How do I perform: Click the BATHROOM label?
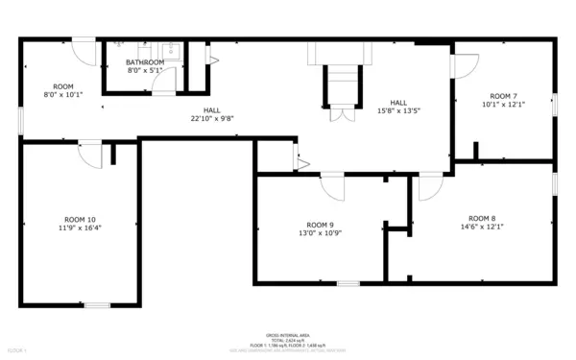145,62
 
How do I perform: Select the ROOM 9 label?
319,225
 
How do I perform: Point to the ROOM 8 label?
482,218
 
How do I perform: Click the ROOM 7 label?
503,96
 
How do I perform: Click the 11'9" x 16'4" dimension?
80,228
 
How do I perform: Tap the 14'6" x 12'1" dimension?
482,227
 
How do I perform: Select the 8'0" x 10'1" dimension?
63,95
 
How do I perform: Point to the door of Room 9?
332,185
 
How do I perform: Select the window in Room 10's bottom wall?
97,305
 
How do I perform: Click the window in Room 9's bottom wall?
348,283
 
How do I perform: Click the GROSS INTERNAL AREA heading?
288,335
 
